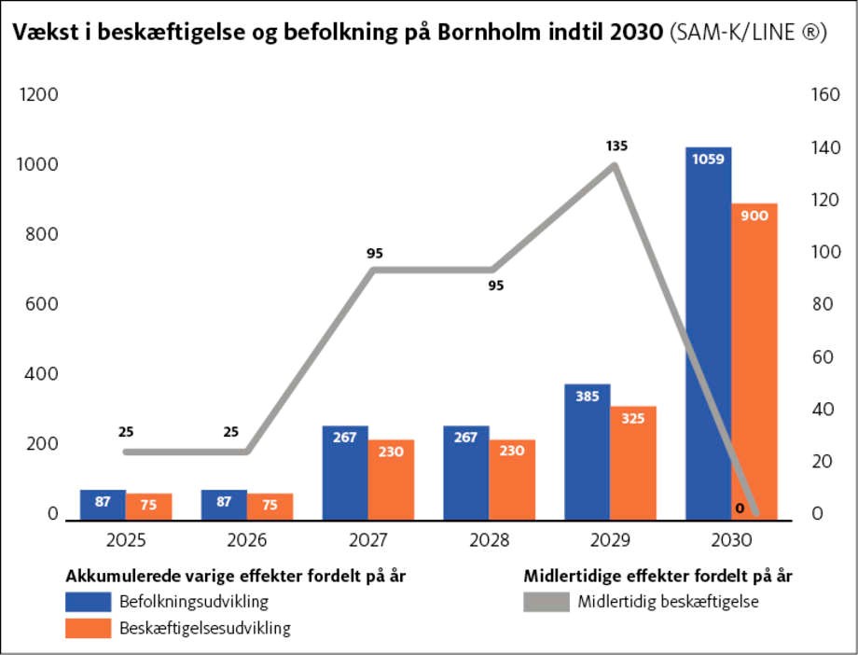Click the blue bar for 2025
click(x=103, y=503)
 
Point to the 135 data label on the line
click(x=616, y=146)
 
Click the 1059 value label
click(x=709, y=159)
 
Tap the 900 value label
click(x=754, y=216)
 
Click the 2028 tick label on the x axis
click(x=490, y=540)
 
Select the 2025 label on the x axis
click(x=126, y=540)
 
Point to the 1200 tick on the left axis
click(x=40, y=95)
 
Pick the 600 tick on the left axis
click(x=40, y=304)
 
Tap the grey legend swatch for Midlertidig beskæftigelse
click(x=546, y=602)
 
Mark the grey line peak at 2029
click(x=615, y=165)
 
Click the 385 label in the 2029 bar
click(x=588, y=396)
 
